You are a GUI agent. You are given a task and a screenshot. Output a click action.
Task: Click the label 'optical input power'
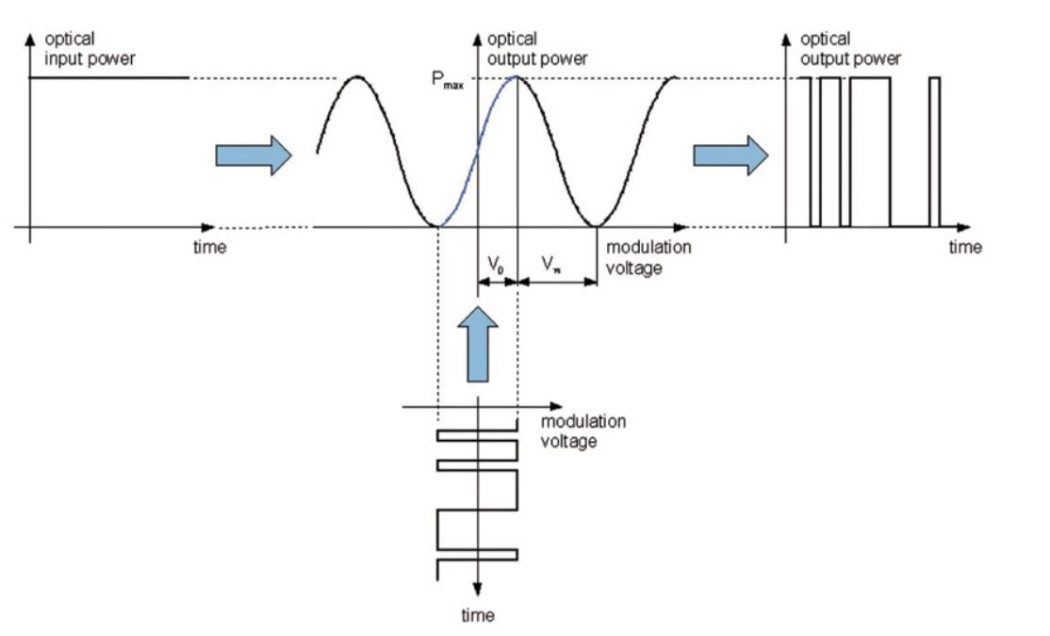tap(90, 49)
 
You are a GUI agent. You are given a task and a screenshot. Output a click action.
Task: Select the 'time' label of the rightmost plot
tap(964, 248)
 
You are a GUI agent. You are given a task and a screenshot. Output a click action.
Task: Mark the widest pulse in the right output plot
tap(870, 151)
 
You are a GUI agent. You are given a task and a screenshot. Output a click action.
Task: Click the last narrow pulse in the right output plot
tap(934, 151)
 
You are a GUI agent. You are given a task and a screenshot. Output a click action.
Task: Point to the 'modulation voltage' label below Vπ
tap(648, 257)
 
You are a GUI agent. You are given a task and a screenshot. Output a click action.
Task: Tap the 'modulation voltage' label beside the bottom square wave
tap(582, 431)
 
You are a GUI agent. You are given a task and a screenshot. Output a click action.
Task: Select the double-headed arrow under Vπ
tap(557, 280)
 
